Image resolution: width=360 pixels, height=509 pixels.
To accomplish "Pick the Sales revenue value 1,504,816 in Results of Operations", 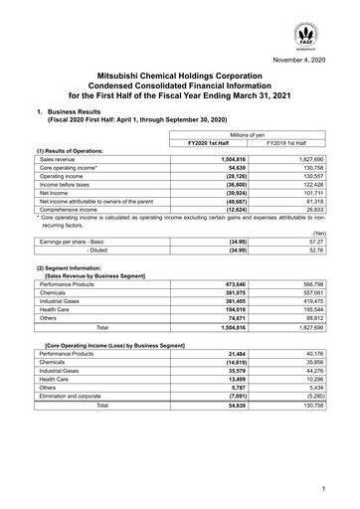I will (231, 158).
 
